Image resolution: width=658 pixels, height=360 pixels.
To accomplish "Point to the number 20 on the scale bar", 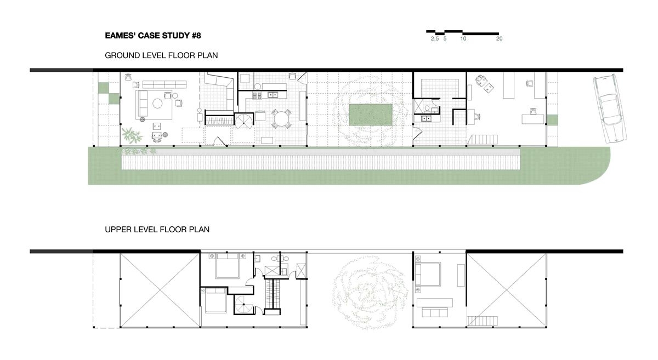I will tap(499, 39).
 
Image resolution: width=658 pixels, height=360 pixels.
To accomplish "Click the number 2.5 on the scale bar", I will tap(434, 39).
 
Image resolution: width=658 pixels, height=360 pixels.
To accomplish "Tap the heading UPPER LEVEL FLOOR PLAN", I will tap(157, 230).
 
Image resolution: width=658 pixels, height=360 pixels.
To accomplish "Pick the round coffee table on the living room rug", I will tap(157, 102).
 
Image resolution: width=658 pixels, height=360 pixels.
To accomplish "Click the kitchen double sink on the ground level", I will tap(273, 95).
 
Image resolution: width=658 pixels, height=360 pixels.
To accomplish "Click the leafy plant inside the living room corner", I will tap(131, 135).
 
